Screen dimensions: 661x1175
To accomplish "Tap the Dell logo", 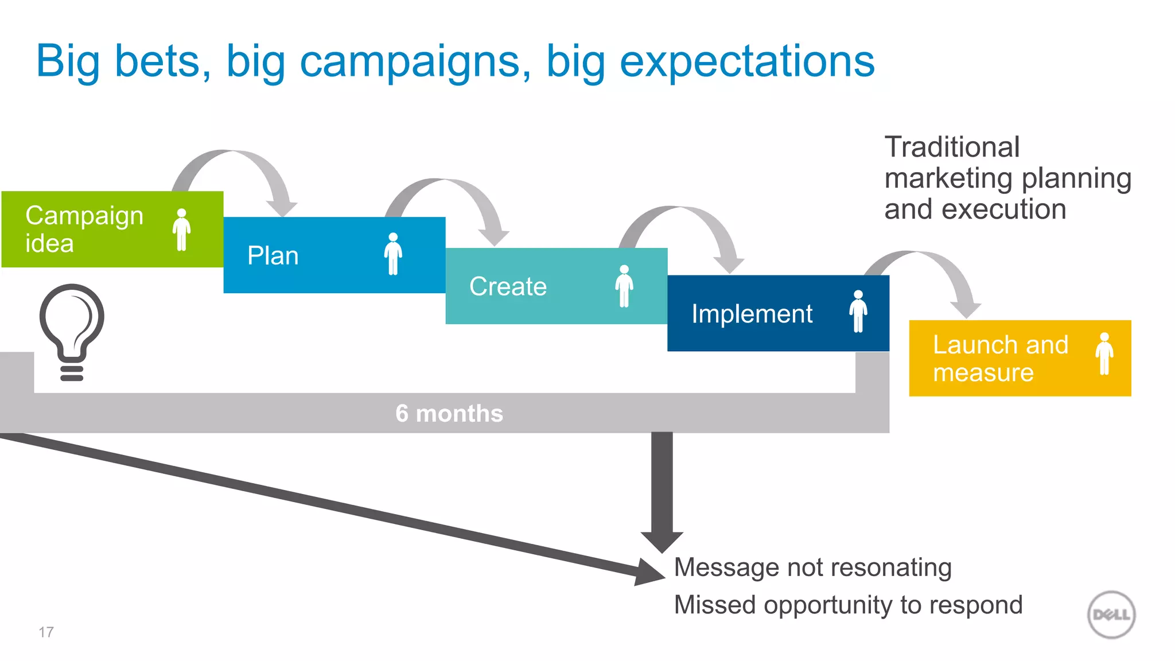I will (1111, 615).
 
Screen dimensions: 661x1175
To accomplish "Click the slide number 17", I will (46, 632).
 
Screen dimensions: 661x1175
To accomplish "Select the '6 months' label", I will (449, 414).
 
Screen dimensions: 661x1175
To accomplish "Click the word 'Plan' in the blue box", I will (273, 256).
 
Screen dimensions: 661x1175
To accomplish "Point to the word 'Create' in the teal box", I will (508, 286).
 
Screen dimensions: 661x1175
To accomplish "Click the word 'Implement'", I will (752, 314).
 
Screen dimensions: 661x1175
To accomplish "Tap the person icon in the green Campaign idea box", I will (181, 230).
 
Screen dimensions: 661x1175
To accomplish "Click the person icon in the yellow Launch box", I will (1104, 354).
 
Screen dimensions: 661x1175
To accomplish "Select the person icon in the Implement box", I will (858, 311).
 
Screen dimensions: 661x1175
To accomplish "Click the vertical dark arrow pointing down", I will (662, 488).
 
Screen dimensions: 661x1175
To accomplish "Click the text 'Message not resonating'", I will (812, 567).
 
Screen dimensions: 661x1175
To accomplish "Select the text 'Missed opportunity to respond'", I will (848, 605).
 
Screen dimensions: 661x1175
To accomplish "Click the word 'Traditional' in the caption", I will (952, 147).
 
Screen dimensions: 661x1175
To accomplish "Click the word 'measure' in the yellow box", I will (983, 373).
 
